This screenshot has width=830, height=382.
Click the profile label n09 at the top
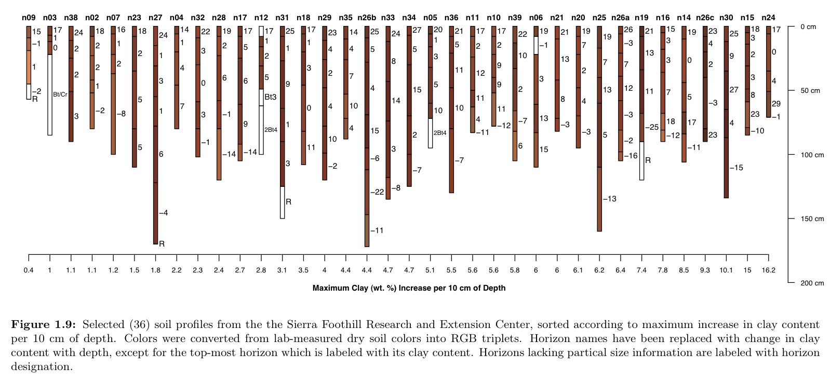pos(29,18)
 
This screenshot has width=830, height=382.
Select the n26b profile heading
pos(367,18)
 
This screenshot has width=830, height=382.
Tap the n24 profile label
pos(768,18)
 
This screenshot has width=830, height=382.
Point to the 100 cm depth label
pos(812,155)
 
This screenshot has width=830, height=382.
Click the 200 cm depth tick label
pos(812,283)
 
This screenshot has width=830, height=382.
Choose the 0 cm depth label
pos(808,26)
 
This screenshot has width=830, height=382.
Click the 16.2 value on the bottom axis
pos(768,270)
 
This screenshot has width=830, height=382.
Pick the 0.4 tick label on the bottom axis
pos(29,270)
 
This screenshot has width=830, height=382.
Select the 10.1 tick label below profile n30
pos(726,270)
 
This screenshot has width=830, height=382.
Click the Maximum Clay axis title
pos(409,288)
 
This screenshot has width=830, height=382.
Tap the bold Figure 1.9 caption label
pos(44,325)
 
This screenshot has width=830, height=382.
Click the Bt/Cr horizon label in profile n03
pos(60,94)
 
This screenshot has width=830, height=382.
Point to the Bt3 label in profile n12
pos(271,97)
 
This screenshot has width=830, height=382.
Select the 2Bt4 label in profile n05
pos(440,133)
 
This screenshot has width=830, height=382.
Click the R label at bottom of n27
pos(162,243)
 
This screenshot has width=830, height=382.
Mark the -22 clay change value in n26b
pos(377,192)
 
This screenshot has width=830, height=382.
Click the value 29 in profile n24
pos(776,103)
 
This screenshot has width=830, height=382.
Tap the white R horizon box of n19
pos(641,160)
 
